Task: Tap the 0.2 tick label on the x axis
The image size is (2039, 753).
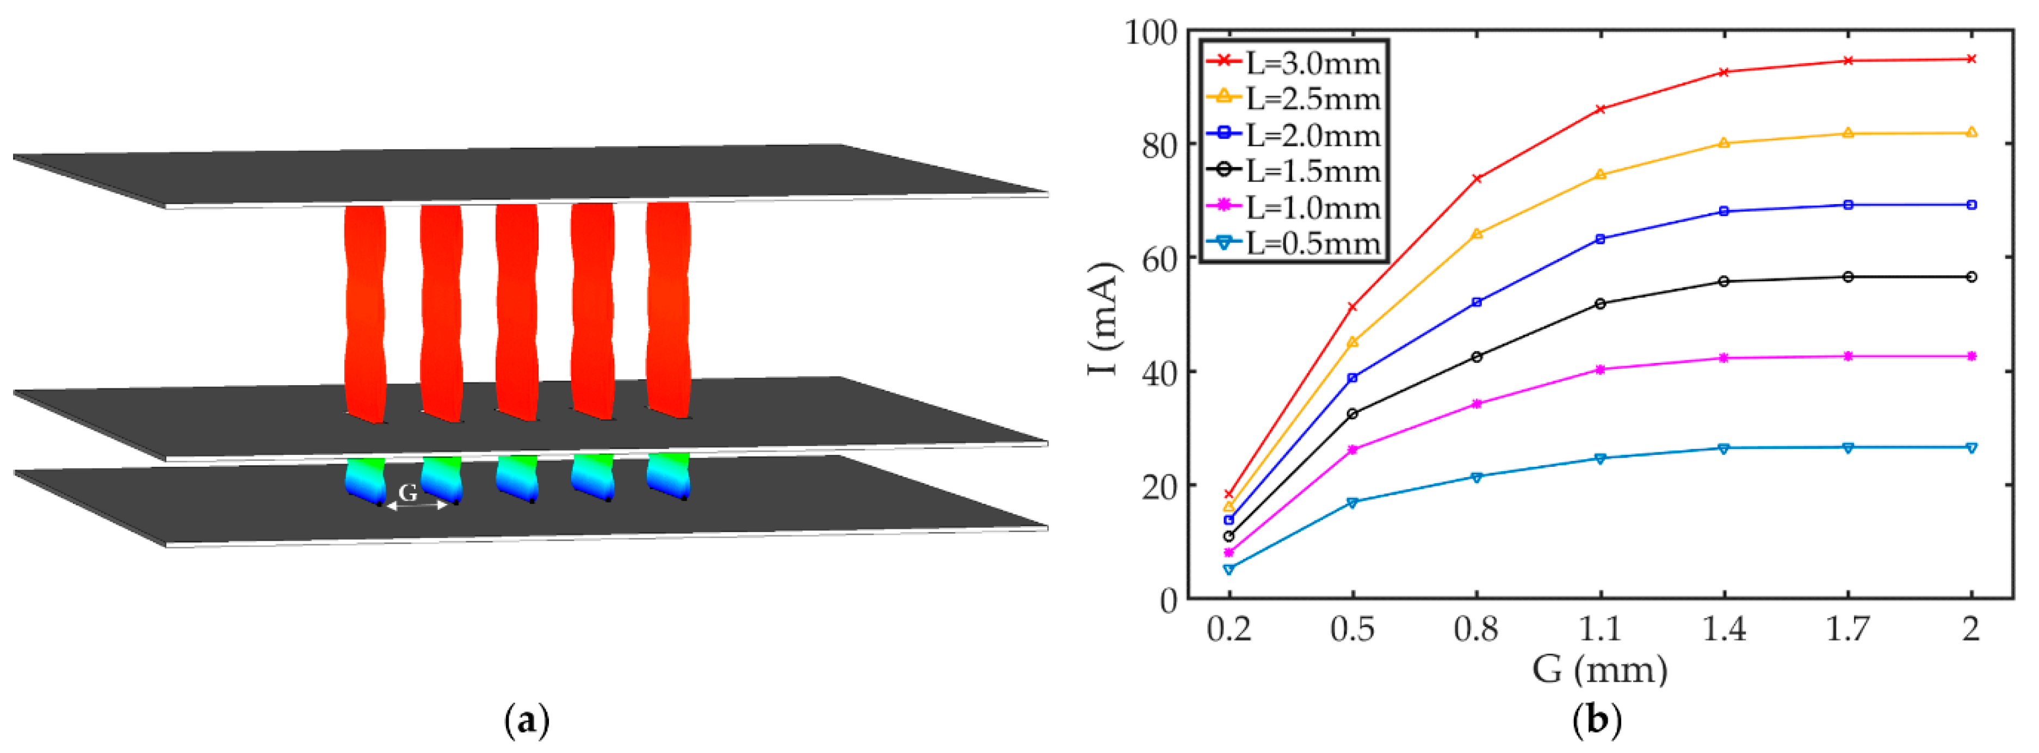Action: tap(1228, 629)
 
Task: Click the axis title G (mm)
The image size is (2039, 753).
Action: tap(1599, 670)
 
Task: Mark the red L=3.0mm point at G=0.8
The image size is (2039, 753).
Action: tap(1476, 178)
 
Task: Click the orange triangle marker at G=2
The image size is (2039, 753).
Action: tap(1971, 132)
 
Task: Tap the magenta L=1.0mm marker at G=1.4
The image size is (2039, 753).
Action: tap(1724, 358)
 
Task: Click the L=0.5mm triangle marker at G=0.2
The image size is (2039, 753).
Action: tap(1228, 569)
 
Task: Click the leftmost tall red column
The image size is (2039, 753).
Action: tap(365, 313)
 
